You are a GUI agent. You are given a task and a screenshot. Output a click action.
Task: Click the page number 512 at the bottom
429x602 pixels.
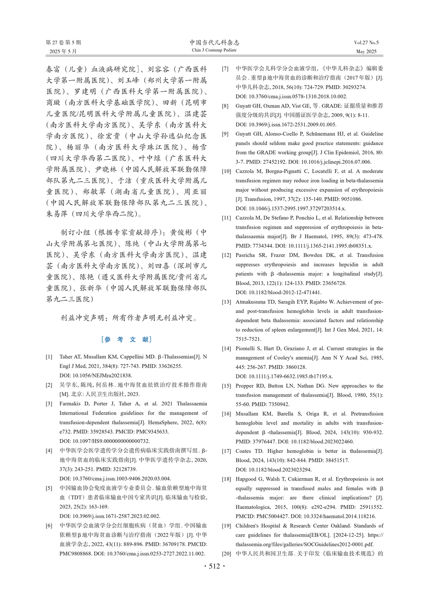(214, 566)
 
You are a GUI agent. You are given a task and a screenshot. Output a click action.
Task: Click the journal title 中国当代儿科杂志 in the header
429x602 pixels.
(214, 43)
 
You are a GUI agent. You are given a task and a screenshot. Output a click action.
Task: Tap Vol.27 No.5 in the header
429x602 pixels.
(366, 43)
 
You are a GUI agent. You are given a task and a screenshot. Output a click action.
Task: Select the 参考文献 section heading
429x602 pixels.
(126, 339)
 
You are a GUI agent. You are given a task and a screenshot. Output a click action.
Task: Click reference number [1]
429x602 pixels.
(49, 357)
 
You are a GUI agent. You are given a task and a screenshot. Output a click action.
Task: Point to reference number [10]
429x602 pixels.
(226, 171)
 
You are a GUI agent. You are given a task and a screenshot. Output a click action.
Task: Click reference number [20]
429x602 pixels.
(226, 554)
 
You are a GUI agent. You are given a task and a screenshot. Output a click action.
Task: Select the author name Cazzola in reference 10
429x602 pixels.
(245, 171)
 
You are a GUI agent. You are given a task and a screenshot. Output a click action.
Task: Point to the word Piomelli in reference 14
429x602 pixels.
(246, 349)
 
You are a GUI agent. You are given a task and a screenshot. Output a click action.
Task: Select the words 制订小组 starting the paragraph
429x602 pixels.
(76, 233)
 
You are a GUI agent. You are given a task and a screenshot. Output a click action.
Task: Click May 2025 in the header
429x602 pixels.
(366, 52)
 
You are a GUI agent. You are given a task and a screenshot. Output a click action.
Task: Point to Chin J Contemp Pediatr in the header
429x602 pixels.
(214, 50)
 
